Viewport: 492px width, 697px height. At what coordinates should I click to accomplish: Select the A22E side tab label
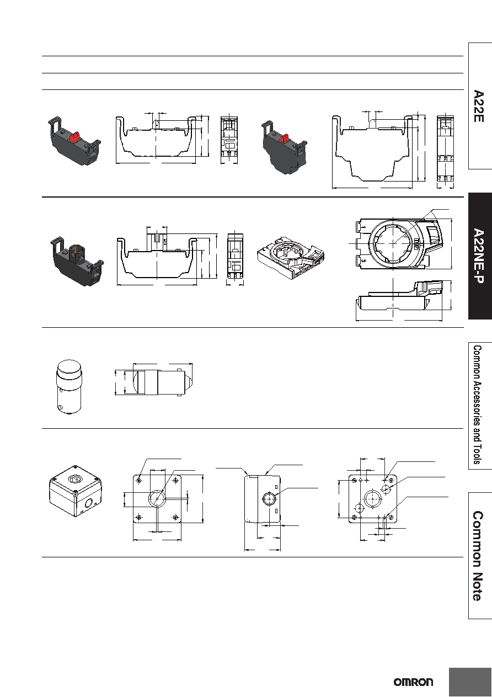pyautogui.click(x=479, y=106)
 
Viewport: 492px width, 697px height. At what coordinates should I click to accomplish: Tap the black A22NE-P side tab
pyautogui.click(x=480, y=256)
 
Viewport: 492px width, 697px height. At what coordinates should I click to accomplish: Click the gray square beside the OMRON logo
pyautogui.click(x=470, y=682)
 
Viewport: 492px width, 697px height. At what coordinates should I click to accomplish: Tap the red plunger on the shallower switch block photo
pyautogui.click(x=74, y=136)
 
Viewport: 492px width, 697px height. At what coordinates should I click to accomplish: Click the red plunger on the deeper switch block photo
pyautogui.click(x=285, y=137)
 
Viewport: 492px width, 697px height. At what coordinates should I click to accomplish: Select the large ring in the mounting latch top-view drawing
pyautogui.click(x=393, y=243)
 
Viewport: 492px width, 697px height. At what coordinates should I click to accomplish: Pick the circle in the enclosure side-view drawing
pyautogui.click(x=269, y=499)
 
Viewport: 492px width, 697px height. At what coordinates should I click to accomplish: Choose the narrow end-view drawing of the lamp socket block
pyautogui.click(x=235, y=256)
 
